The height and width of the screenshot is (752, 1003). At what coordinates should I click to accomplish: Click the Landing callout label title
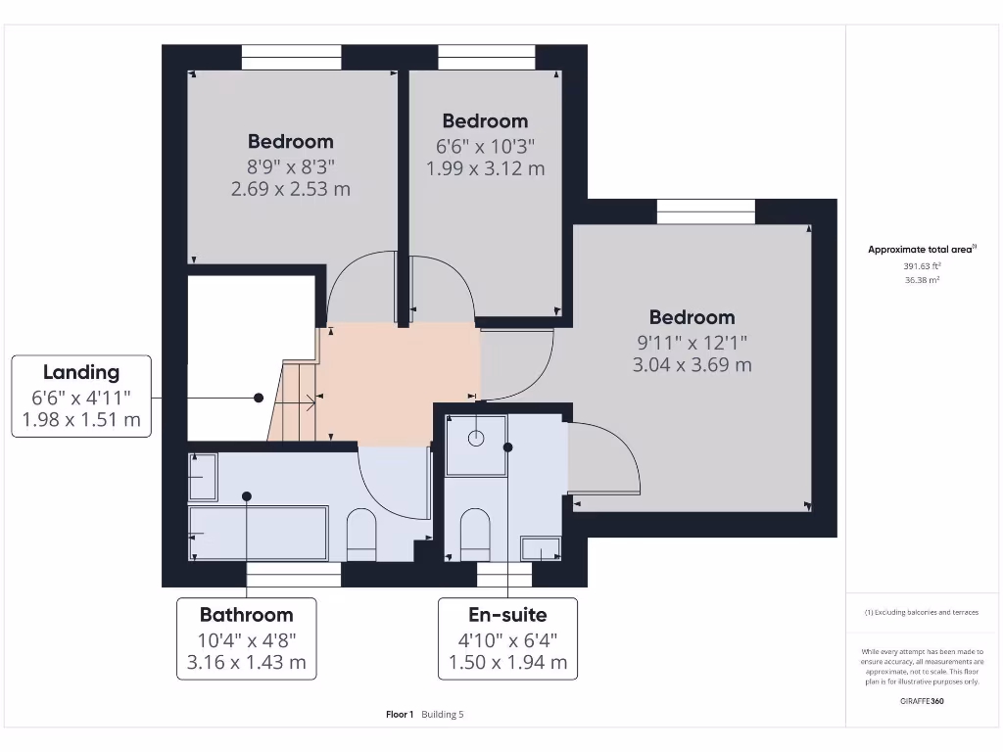point(81,372)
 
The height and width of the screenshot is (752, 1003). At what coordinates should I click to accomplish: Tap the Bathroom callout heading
point(247,615)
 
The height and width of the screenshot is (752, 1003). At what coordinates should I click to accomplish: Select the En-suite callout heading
point(507,615)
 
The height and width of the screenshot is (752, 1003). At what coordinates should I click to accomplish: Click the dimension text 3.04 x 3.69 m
point(693,365)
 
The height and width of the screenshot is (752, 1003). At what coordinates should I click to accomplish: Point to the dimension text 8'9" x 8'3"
point(290,166)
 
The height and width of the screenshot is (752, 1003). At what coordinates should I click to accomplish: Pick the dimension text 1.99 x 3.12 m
point(485,168)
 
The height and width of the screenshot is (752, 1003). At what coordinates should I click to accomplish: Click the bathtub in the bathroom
point(259,533)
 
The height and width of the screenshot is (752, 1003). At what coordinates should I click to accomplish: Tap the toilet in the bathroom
point(361,533)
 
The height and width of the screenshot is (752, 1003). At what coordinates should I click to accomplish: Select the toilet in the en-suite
point(475,533)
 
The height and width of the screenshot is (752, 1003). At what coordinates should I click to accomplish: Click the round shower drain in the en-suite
point(476,438)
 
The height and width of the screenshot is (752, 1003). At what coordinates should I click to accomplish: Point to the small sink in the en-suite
point(540,547)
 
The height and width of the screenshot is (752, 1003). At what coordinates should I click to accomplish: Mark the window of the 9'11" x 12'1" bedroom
point(705,211)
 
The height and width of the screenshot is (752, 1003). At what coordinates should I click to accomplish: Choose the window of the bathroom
point(293,575)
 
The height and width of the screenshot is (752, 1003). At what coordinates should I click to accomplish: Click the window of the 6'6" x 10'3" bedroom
point(487,57)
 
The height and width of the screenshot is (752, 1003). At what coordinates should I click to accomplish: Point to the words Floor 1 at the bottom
point(400,715)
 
